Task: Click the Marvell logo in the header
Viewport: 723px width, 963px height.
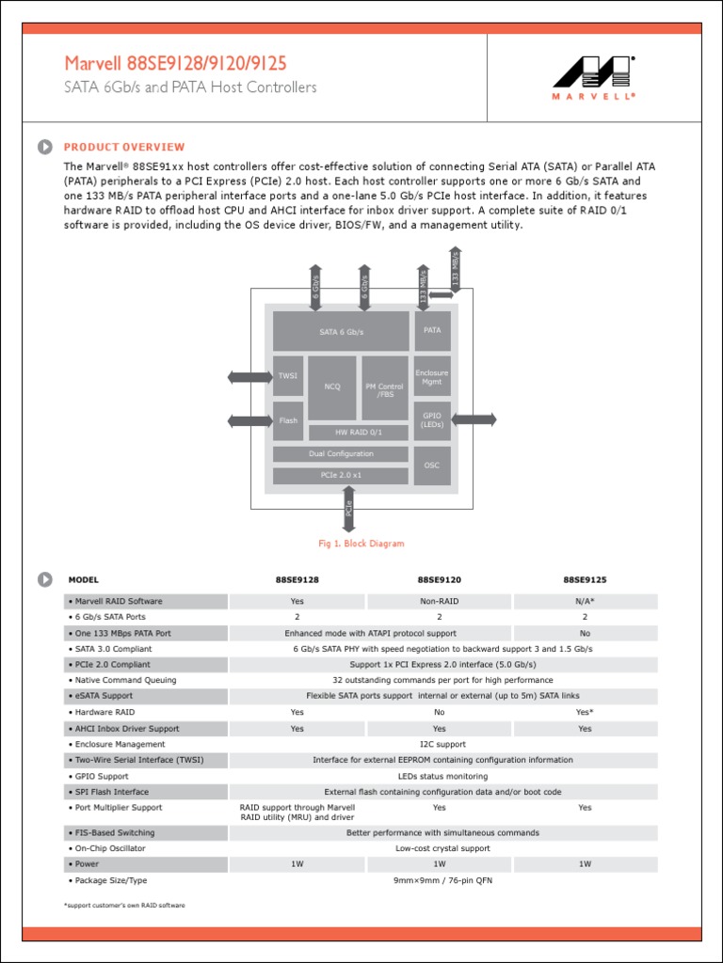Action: [593, 77]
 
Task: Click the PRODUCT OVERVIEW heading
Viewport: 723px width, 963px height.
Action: [124, 147]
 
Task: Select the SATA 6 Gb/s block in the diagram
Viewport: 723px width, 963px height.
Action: [341, 332]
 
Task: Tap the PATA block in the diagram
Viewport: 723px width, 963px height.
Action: [432, 331]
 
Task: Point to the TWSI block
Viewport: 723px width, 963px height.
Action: [288, 375]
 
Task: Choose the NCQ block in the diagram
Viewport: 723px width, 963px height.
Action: [332, 387]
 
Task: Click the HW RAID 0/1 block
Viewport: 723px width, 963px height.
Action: [359, 433]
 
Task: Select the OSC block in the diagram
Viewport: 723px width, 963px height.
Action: [432, 466]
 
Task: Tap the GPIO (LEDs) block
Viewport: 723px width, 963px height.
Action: [432, 419]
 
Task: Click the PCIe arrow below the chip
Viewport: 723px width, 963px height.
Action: [348, 510]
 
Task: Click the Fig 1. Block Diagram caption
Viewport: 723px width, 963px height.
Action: [361, 544]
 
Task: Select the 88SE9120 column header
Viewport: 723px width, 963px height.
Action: [439, 580]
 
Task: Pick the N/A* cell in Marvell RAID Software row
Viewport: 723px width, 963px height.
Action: [585, 601]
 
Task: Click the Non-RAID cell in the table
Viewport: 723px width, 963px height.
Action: [439, 601]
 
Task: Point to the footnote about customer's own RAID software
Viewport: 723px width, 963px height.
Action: [124, 905]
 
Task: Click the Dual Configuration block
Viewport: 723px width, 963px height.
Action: [341, 454]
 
